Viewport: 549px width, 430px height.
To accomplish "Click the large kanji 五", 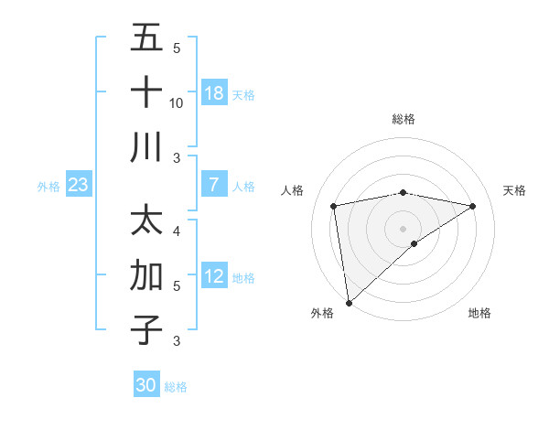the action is [146, 39].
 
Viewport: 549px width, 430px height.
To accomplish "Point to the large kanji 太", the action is [146, 222].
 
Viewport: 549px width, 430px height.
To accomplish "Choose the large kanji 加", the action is [146, 275].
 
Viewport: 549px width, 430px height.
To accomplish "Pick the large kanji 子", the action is [146, 329].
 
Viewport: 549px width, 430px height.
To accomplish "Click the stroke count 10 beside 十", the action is [177, 103].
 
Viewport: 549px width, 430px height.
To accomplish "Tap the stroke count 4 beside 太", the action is [177, 231].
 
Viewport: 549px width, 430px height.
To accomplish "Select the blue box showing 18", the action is [213, 92].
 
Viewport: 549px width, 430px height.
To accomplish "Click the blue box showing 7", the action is [213, 185].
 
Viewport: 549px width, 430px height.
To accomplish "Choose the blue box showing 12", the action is [213, 276].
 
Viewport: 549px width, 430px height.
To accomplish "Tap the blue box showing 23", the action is [79, 185].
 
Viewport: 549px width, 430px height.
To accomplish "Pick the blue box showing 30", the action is [146, 385].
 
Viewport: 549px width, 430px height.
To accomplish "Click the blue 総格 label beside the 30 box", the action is [177, 387].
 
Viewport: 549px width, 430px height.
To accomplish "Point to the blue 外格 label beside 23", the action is [48, 187].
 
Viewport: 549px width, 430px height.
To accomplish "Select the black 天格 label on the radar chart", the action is [514, 190].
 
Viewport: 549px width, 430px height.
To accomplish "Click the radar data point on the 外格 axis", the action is [349, 302].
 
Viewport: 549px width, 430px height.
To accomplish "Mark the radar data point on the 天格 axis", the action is [473, 206].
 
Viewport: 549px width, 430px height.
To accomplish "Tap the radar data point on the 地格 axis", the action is [414, 243].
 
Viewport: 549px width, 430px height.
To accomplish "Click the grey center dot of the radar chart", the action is [403, 228].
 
